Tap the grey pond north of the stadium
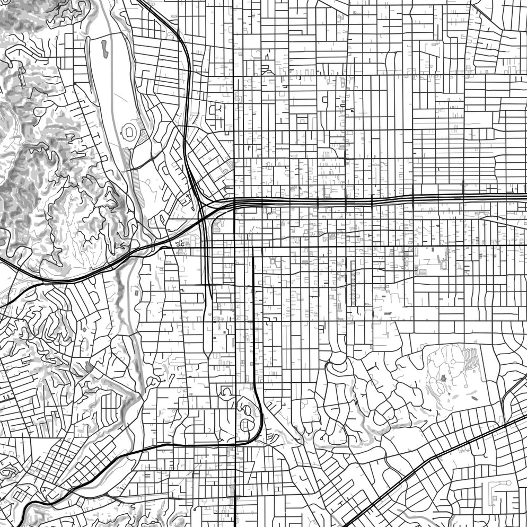click(104, 48)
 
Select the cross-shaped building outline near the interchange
click(180, 243)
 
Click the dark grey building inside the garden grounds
click(443, 378)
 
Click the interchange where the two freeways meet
click(204, 209)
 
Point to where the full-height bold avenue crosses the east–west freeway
click(234, 203)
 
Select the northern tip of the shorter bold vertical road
click(253, 248)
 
